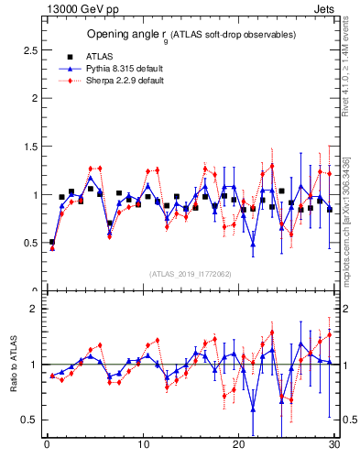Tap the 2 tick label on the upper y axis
click(35, 98)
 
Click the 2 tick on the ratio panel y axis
click(35, 309)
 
